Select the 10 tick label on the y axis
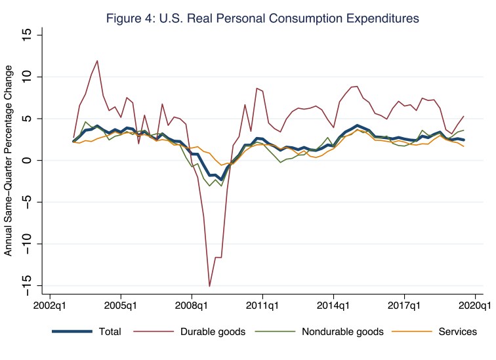[x=27, y=77]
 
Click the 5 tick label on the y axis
[x=27, y=119]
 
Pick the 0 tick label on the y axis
[x=27, y=160]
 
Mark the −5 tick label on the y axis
[x=27, y=202]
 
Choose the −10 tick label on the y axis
[x=27, y=243]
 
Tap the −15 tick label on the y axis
[x=27, y=285]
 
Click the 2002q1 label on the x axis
[x=50, y=305]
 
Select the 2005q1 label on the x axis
[x=121, y=305]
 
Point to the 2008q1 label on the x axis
[x=192, y=305]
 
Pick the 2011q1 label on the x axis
[x=262, y=305]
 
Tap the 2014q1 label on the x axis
[x=333, y=305]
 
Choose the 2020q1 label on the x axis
[x=474, y=305]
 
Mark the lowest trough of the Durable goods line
[x=209, y=286]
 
